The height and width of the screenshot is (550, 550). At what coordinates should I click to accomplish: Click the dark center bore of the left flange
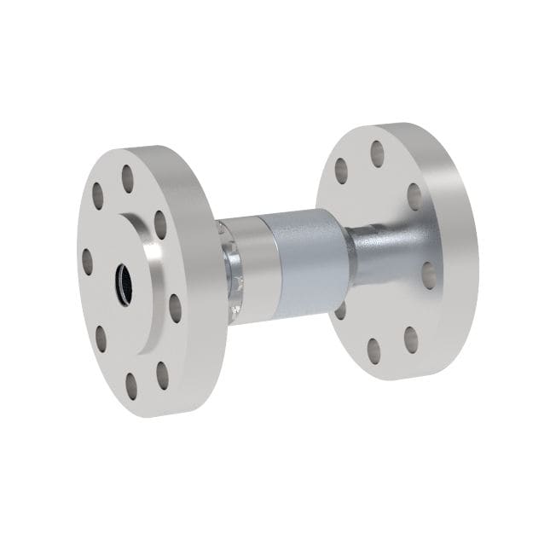click(123, 278)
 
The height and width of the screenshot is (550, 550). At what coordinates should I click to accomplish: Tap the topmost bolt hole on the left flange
click(129, 180)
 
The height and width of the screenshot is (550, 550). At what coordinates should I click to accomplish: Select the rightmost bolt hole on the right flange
click(429, 273)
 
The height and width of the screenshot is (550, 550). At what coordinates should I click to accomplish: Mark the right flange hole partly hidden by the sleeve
click(340, 311)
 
